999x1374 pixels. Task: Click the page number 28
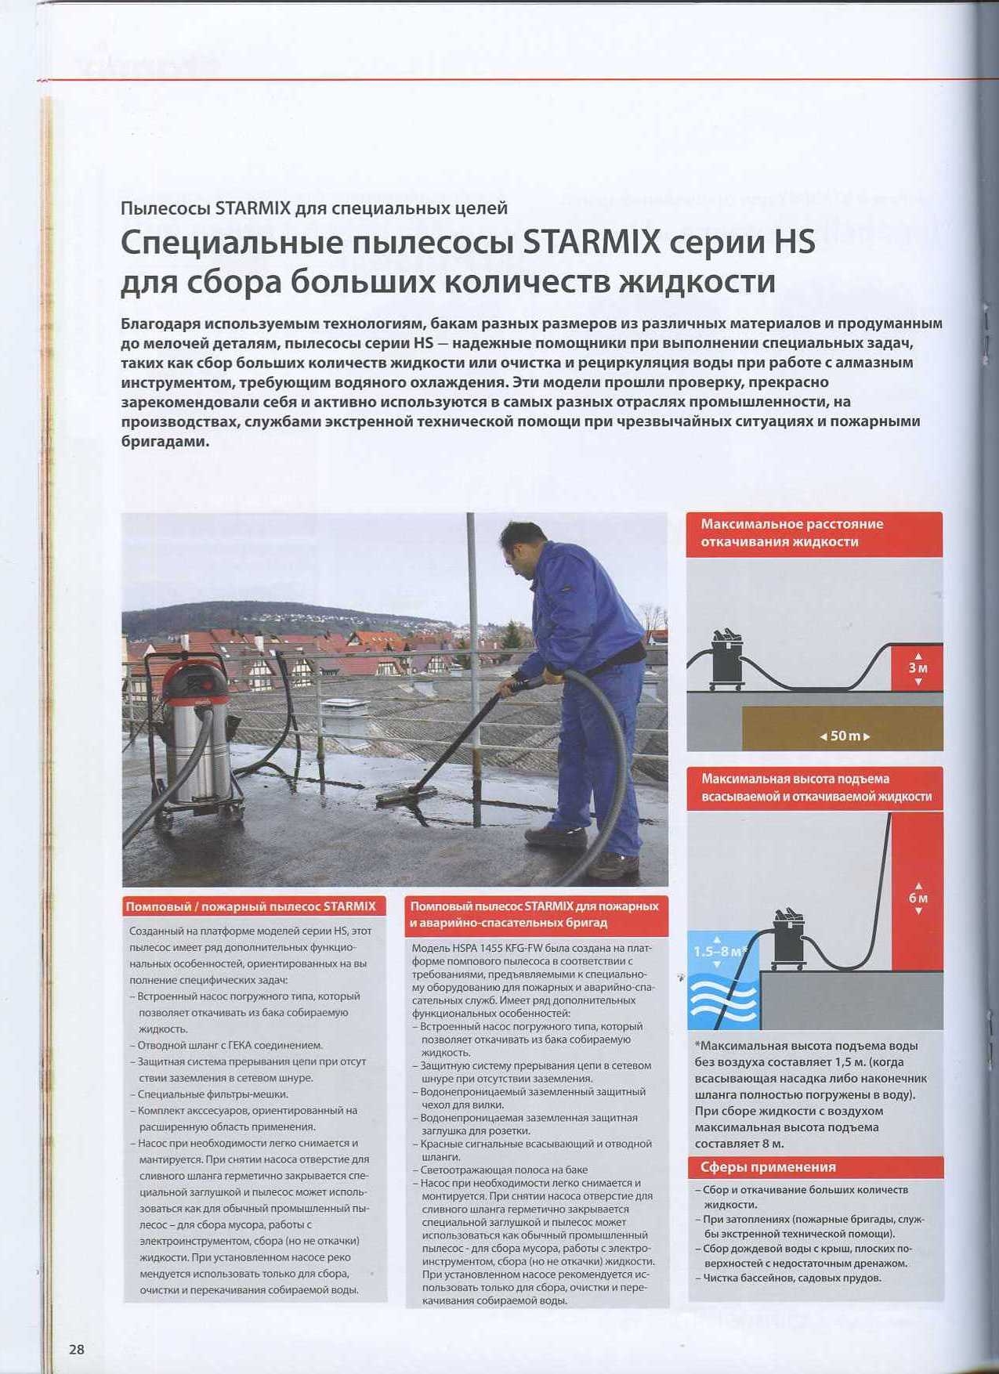tap(76, 1349)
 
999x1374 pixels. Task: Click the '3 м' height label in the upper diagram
tap(918, 668)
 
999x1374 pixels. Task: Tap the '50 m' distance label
tap(845, 736)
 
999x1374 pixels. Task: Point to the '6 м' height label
tap(918, 898)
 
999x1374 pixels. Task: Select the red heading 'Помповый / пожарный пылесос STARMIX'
tap(251, 906)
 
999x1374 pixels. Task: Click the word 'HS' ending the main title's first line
tap(794, 242)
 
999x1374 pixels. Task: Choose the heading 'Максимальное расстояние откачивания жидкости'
tap(791, 533)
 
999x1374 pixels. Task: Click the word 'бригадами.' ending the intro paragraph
tap(165, 441)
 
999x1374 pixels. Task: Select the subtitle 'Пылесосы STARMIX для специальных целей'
tap(314, 208)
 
